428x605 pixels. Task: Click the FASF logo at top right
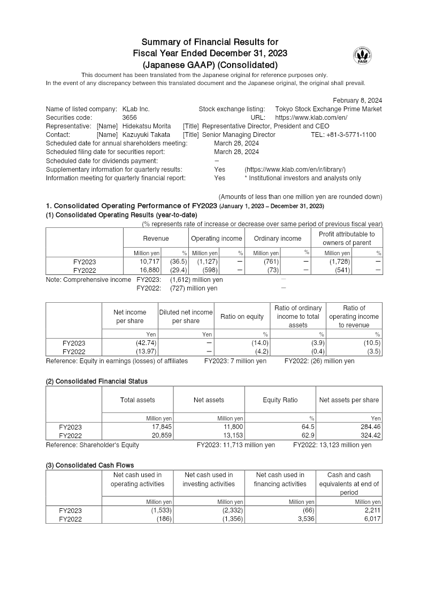pos(363,55)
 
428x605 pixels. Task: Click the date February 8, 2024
pos(357,100)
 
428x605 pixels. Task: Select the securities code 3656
pos(129,118)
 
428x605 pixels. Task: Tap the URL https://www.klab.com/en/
pos(311,118)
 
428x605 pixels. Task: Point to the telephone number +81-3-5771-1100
pos(343,135)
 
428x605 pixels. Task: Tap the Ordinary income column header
pos(277,239)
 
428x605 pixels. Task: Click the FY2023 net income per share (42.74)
pos(145,343)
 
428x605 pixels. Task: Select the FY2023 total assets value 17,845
pos(161,427)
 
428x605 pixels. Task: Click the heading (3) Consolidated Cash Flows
pos(90,465)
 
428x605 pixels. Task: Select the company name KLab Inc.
pos(136,109)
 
